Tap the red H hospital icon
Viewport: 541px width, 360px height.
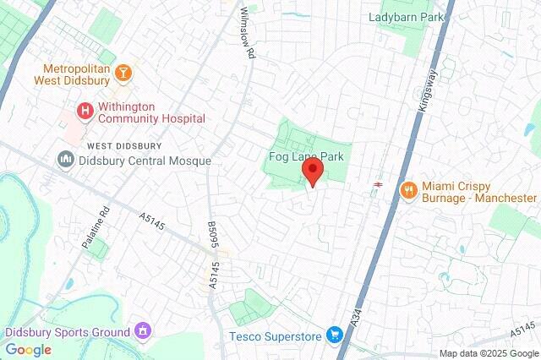(84, 110)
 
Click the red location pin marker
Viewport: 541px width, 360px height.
(313, 172)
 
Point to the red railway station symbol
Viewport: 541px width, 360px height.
(378, 182)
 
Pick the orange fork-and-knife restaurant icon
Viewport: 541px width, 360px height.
(407, 189)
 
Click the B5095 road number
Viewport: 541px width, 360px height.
(212, 234)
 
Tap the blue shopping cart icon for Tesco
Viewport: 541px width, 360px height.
(336, 335)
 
